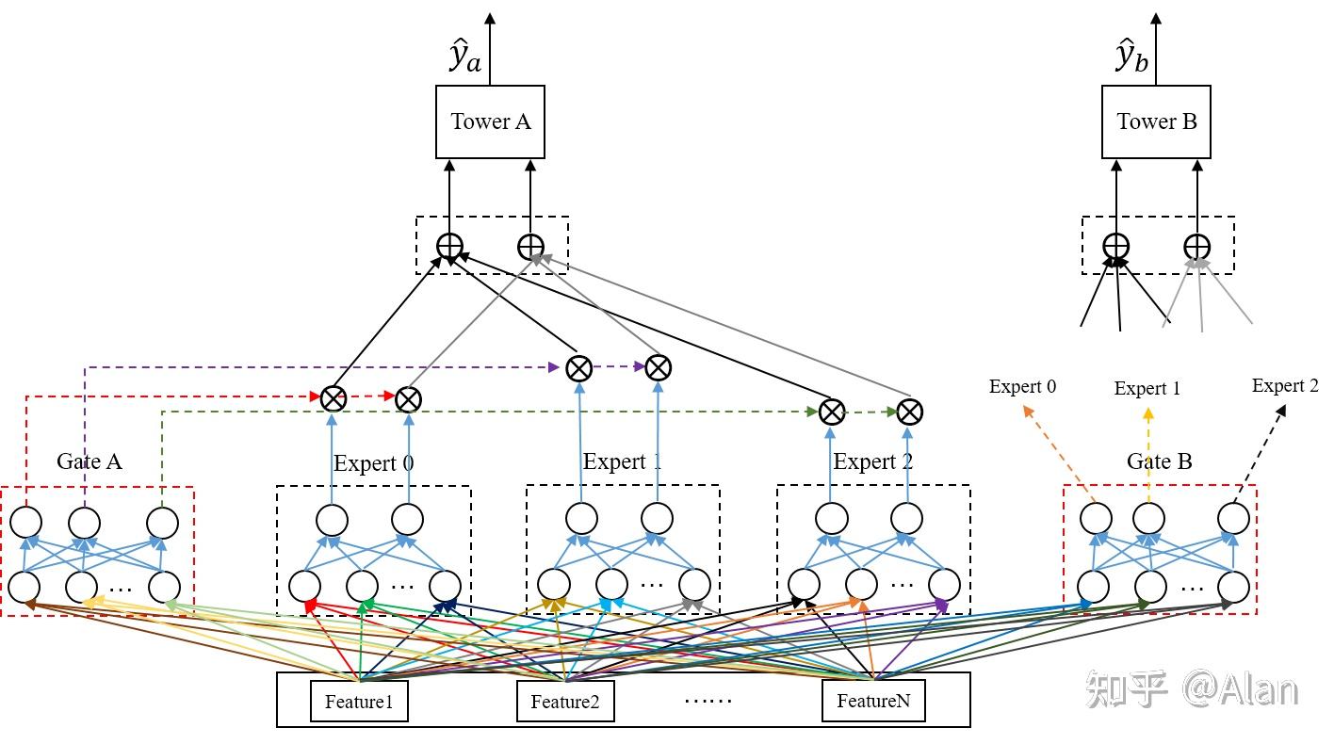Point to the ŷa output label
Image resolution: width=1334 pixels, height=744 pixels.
coord(464,56)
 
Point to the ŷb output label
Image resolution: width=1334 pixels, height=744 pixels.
coord(1131,56)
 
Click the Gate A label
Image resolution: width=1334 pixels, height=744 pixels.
coord(89,461)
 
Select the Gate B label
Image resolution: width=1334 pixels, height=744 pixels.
coord(1159,461)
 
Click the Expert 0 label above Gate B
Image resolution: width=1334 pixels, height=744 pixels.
coord(1022,386)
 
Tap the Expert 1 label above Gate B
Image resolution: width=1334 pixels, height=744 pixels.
coord(1147,388)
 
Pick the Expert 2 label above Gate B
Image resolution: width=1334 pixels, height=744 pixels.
coord(1285,386)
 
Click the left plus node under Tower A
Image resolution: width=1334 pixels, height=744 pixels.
coord(449,247)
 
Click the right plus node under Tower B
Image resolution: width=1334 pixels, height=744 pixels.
coord(1197,247)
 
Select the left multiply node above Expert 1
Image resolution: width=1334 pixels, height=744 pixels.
coord(578,368)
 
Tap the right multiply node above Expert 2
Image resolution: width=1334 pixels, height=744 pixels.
coord(909,412)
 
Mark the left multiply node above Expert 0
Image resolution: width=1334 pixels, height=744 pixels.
coord(333,398)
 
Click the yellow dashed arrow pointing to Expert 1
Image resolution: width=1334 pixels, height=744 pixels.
coord(1148,455)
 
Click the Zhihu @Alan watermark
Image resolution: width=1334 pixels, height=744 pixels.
coord(1192,689)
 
